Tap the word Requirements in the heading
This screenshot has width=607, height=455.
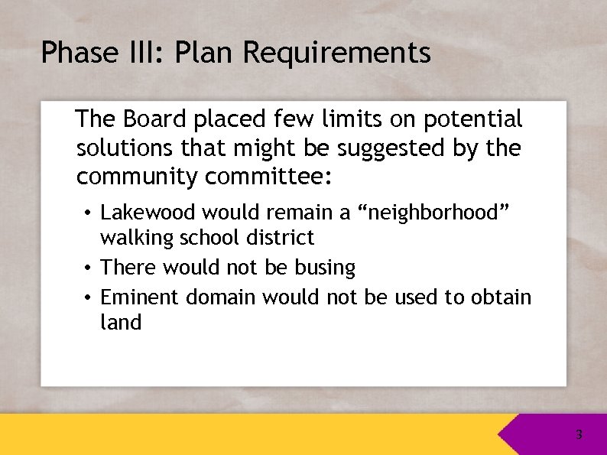pos(338,53)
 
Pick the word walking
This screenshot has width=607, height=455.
pos(137,238)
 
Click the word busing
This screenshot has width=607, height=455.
pos(326,268)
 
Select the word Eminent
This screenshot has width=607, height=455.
pos(137,296)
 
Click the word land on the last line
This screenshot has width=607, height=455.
pos(121,322)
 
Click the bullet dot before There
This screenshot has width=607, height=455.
pos(89,268)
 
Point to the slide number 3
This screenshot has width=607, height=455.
pos(579,435)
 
